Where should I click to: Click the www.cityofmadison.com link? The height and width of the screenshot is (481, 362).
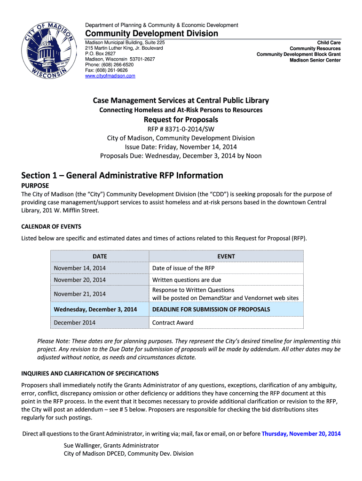[x=110, y=76]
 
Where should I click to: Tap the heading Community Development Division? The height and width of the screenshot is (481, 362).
[x=151, y=33]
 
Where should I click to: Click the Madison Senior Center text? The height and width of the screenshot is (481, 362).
[x=315, y=60]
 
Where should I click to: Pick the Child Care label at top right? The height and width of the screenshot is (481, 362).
[x=329, y=43]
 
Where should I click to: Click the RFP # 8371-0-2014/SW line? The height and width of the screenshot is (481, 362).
[x=181, y=129]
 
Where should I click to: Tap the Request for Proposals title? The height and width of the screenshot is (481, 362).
[x=181, y=119]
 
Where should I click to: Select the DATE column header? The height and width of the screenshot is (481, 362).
[x=100, y=256]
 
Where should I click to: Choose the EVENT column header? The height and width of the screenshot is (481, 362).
[x=226, y=256]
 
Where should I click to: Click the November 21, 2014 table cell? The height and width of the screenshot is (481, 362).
[x=80, y=294]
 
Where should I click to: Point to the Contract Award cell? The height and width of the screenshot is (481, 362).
[x=173, y=323]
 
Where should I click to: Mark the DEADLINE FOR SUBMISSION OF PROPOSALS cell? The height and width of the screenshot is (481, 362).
[x=211, y=310]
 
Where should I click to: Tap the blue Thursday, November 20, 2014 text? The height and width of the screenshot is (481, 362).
[x=301, y=434]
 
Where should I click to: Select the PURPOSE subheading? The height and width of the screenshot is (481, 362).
[x=35, y=186]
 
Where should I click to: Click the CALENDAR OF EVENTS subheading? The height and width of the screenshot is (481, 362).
[x=51, y=226]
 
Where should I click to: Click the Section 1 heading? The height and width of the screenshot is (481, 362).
[x=122, y=175]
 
